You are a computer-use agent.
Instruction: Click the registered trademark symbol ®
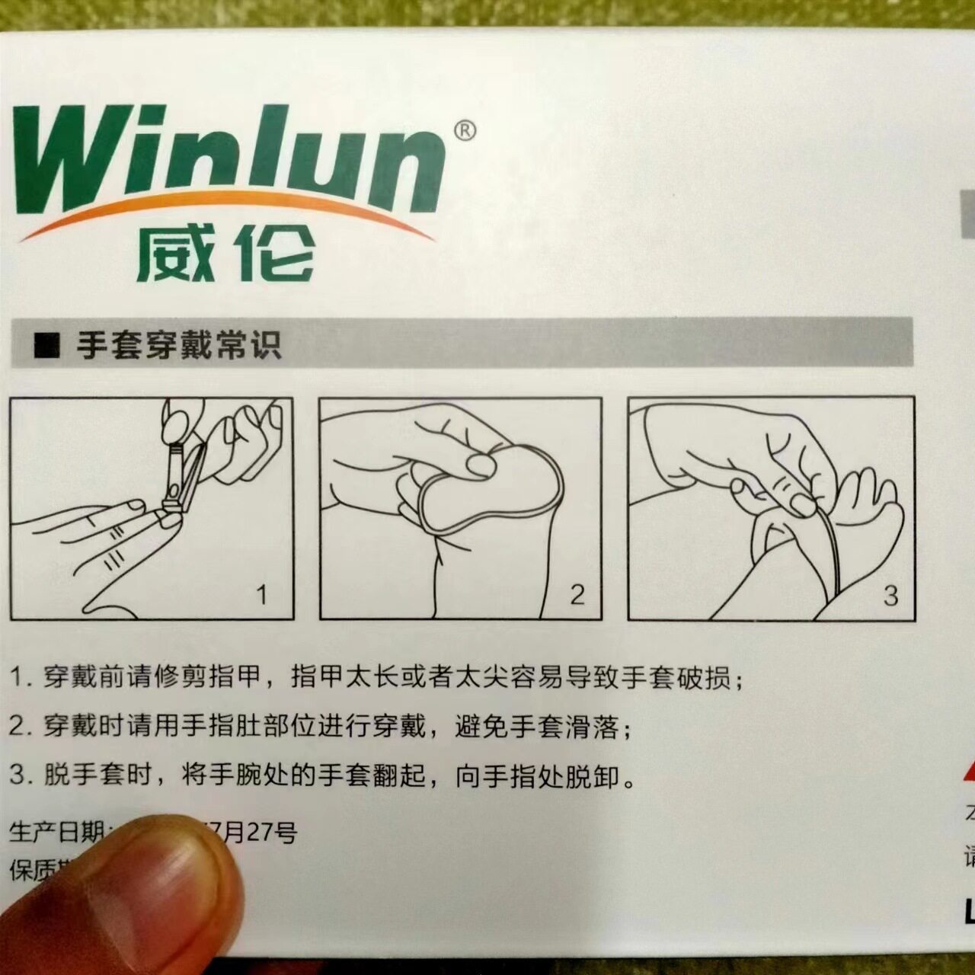465,131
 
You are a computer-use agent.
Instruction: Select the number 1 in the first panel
262,594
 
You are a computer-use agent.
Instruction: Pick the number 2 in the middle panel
577,594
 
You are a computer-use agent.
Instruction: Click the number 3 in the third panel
890,596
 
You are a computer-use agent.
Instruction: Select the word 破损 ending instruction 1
703,677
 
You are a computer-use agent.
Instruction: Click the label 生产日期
57,832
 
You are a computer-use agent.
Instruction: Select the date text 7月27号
255,832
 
